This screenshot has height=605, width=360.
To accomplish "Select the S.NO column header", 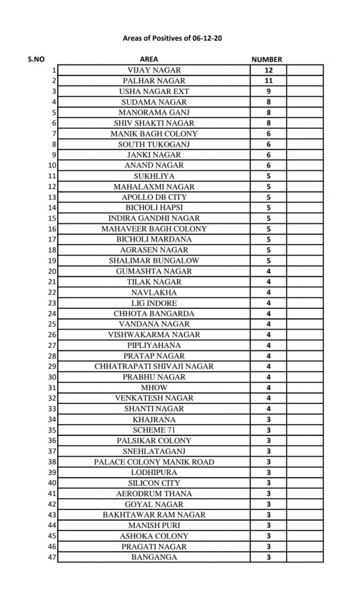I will click(x=35, y=59).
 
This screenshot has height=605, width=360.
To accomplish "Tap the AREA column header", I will click(x=148, y=59).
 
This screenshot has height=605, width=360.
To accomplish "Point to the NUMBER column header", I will click(x=267, y=59).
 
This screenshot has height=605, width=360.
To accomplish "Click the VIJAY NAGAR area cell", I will click(x=154, y=70).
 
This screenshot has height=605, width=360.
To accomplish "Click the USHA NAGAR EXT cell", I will click(x=154, y=91).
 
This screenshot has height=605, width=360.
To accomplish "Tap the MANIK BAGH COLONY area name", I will click(x=154, y=134).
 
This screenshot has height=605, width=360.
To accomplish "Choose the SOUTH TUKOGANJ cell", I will click(x=154, y=144).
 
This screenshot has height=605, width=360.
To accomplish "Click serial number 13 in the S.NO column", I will click(x=53, y=197).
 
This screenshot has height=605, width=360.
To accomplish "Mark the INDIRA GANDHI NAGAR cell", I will click(x=154, y=218).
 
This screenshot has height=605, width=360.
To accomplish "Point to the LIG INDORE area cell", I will click(x=154, y=303).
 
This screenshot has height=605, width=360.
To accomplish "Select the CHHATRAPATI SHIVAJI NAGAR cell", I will click(x=154, y=366).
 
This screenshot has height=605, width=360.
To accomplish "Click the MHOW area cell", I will click(x=154, y=388).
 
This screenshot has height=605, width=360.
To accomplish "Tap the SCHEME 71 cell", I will click(x=154, y=430).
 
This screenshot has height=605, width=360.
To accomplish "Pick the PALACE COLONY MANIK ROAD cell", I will click(x=154, y=461).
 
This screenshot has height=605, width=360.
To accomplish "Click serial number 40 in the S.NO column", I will click(x=53, y=483).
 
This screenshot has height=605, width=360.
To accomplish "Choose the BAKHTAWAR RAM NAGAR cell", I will click(x=154, y=515).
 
